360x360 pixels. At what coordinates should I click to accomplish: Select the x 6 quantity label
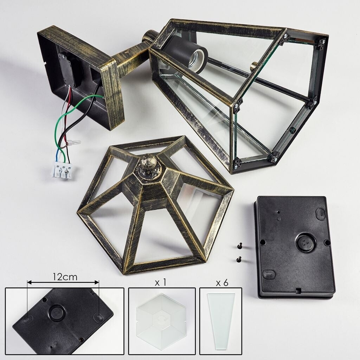pos(222,283)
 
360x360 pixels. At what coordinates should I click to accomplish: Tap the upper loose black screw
pos(240,246)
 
